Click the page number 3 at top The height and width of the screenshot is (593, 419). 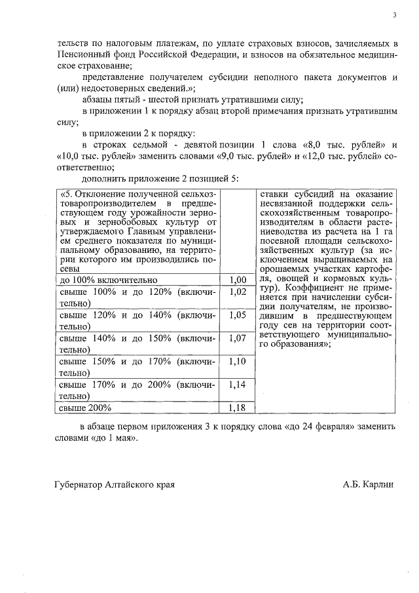click(x=394, y=14)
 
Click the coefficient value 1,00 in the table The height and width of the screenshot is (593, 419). click(x=238, y=280)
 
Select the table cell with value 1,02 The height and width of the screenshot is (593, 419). click(x=238, y=292)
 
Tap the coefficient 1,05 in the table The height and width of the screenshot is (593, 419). click(x=238, y=315)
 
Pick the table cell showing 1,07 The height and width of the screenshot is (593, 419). click(x=238, y=338)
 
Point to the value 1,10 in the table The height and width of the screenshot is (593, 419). click(x=238, y=361)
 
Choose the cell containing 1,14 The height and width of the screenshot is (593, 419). click(x=238, y=385)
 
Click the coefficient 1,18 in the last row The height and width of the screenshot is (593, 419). click(x=238, y=408)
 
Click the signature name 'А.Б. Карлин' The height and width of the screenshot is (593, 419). click(x=369, y=485)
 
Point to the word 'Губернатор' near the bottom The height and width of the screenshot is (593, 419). click(x=79, y=485)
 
